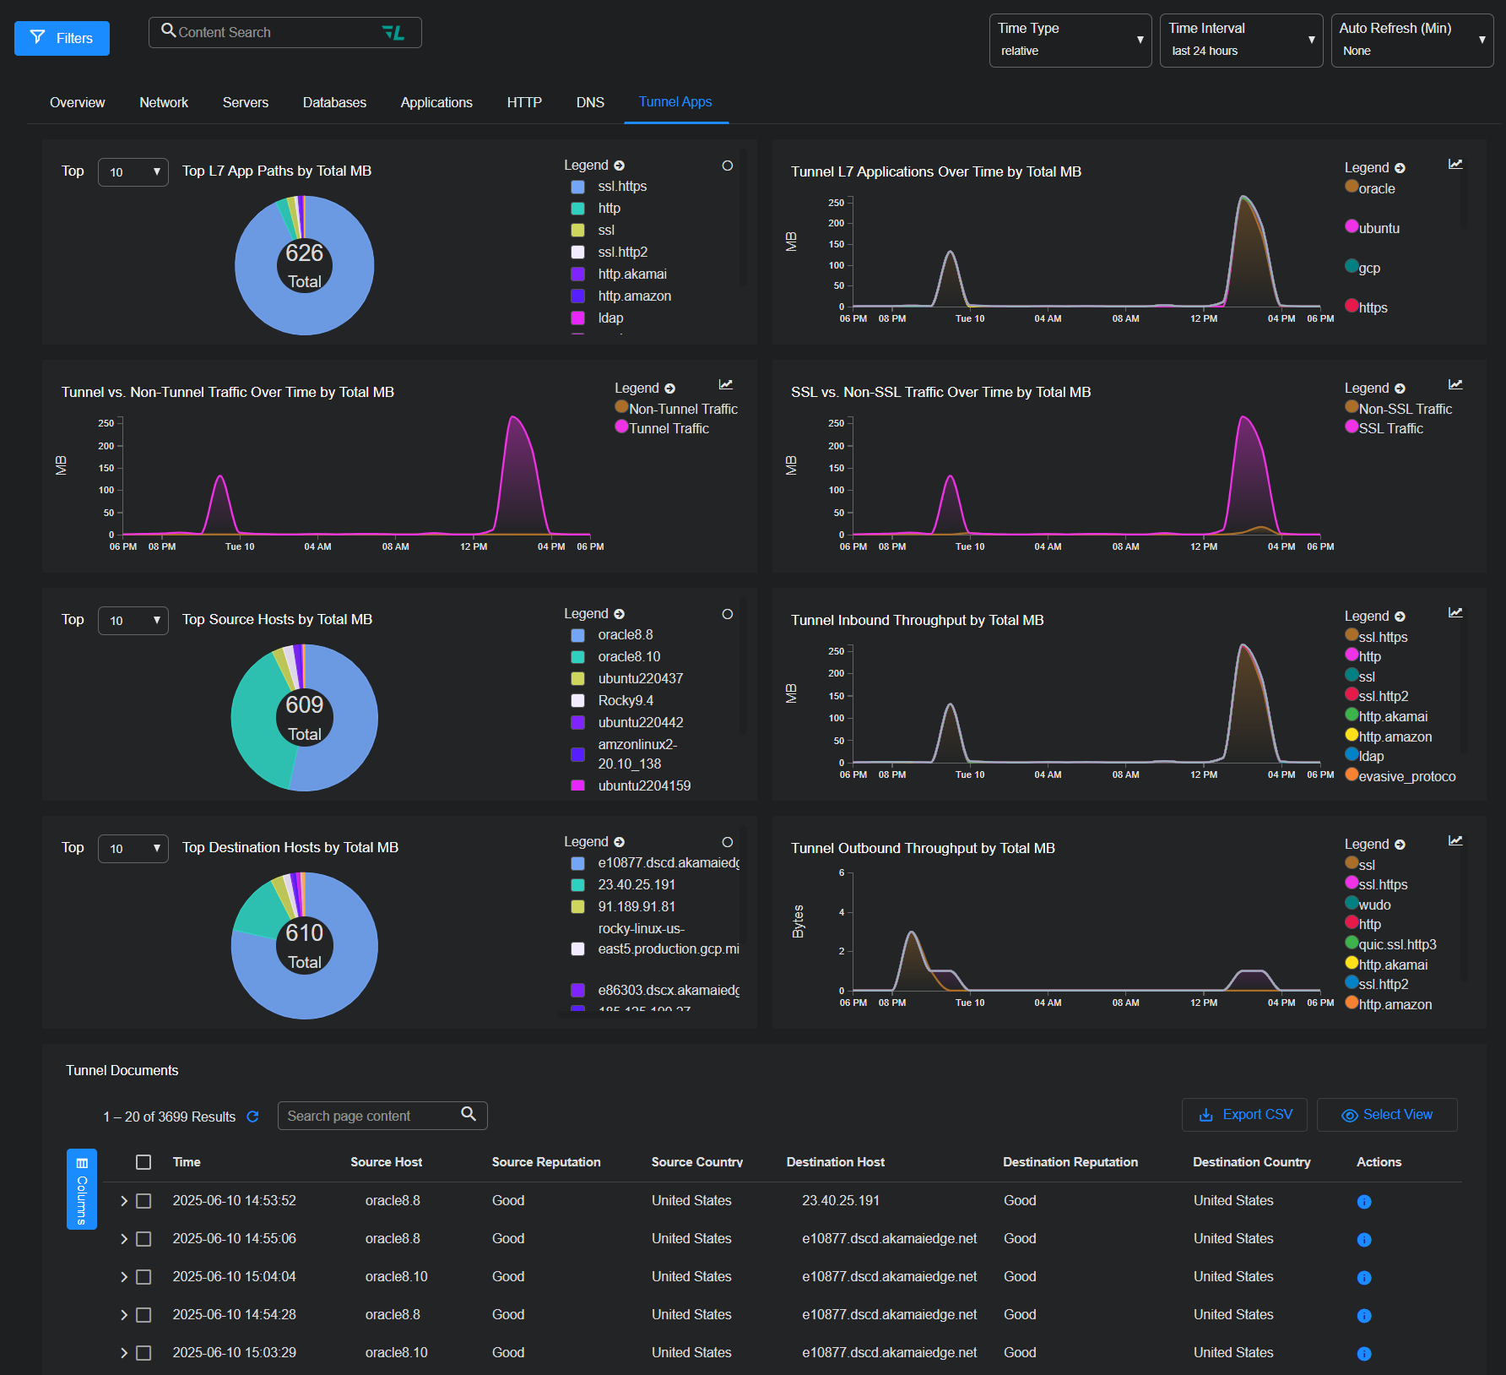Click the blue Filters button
point(62,38)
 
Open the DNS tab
point(590,102)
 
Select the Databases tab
point(334,102)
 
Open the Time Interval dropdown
point(1240,40)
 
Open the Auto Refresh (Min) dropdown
point(1411,40)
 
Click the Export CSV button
point(1244,1115)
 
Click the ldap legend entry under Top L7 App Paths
point(610,318)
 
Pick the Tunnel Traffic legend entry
point(668,428)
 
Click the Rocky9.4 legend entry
point(625,700)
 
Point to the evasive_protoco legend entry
point(1406,776)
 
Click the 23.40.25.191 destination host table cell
point(840,1200)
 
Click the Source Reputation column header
point(546,1162)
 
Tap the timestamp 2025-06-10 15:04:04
point(234,1276)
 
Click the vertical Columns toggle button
point(82,1188)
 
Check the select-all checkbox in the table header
point(144,1162)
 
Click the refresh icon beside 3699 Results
point(252,1117)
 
